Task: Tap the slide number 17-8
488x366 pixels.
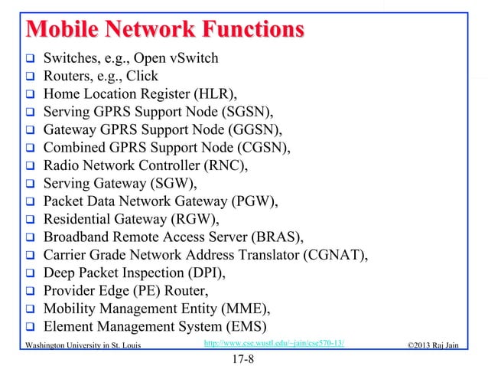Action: [243, 357]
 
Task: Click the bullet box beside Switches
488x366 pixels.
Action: [31, 58]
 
